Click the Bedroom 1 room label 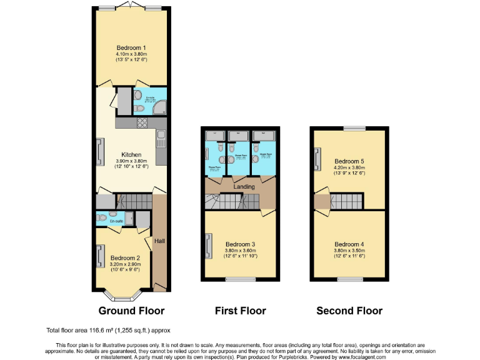coord(131,47)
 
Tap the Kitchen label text coord(131,154)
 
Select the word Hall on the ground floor coord(159,241)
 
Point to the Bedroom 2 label coord(125,257)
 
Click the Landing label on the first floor coord(243,186)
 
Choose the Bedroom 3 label coord(241,244)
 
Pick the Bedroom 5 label coord(349,161)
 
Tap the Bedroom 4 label coord(349,244)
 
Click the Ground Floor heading coord(131,311)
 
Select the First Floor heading coord(240,311)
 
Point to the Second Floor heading coord(349,311)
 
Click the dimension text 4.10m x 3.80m coord(131,54)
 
